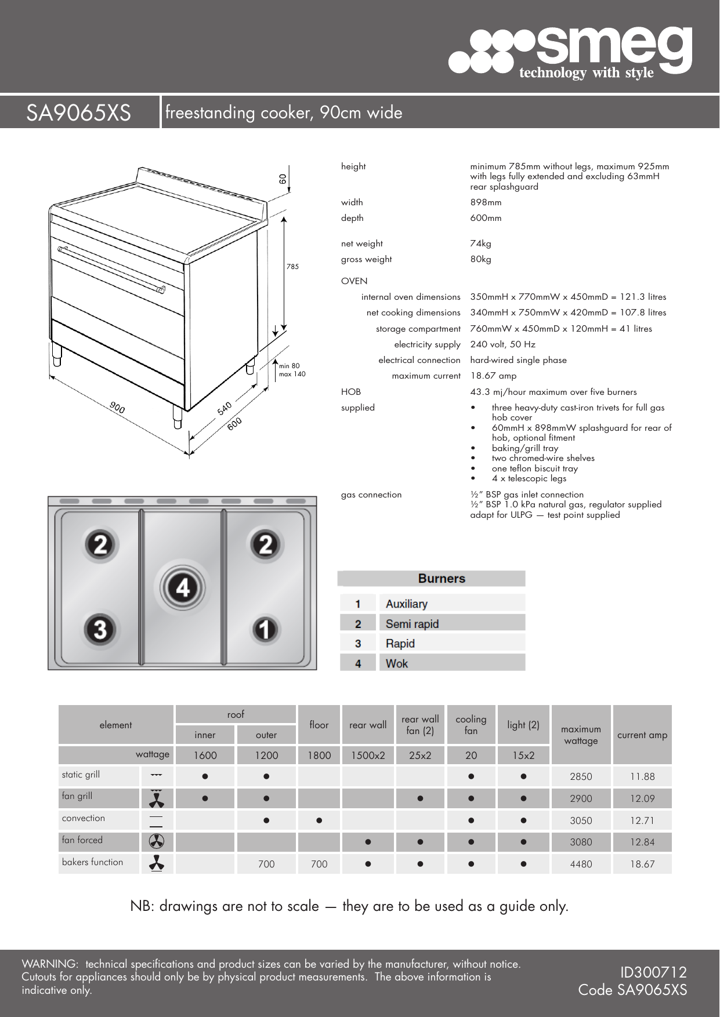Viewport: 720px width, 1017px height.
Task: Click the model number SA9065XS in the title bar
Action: coord(78,113)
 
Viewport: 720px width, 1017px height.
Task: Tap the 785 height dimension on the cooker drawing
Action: coord(292,267)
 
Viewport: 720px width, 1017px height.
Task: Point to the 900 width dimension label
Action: coord(117,408)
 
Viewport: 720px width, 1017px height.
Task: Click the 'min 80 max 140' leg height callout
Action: coord(292,370)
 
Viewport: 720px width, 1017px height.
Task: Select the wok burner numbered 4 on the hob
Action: coord(183,589)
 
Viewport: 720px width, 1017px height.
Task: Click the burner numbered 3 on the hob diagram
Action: coord(100,629)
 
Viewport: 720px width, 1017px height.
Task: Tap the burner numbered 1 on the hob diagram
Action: coord(265,630)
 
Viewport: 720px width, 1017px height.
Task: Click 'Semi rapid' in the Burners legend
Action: coord(412,624)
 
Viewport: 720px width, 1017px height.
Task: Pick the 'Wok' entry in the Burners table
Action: coord(397,663)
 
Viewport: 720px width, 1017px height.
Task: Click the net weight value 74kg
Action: coord(480,244)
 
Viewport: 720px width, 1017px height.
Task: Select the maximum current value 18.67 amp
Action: coord(493,376)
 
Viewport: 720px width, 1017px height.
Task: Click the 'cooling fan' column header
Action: coord(471,725)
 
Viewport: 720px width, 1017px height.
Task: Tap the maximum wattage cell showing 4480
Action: coord(581,864)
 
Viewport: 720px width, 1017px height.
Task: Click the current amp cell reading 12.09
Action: coord(642,798)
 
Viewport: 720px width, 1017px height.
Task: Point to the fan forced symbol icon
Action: coord(157,841)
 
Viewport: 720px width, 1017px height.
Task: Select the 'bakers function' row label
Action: coord(93,862)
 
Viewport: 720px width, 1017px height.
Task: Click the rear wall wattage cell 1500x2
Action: coord(368,755)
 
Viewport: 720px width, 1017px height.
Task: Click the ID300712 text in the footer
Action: coord(653,972)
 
